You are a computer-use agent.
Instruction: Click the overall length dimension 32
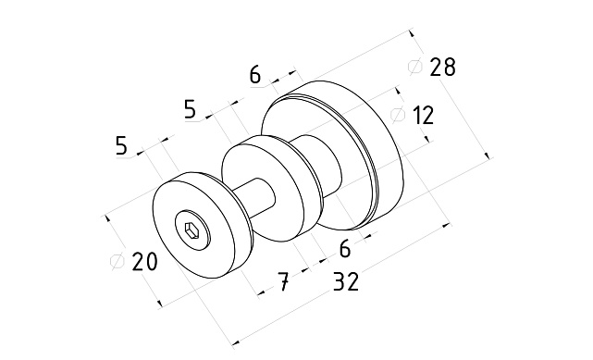click(346, 281)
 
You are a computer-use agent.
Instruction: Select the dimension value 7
click(284, 281)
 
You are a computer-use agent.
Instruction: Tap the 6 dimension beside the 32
click(345, 250)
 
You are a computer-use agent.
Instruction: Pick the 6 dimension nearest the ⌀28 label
click(255, 74)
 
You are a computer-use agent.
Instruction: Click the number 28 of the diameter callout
click(443, 68)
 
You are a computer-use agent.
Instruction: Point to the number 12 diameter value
click(423, 116)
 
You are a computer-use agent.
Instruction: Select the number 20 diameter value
click(144, 261)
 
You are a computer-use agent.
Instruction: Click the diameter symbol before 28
click(415, 67)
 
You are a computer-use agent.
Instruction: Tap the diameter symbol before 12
click(398, 115)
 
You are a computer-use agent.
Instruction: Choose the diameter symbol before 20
click(117, 261)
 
